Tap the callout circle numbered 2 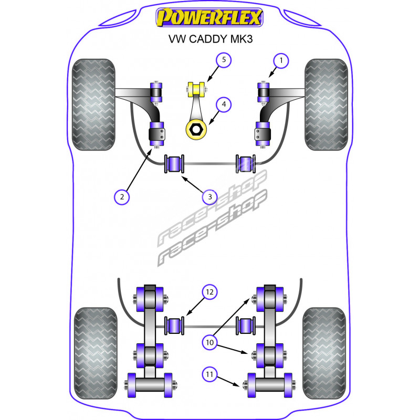click(122, 196)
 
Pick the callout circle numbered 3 click(209, 196)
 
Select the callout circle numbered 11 click(209, 374)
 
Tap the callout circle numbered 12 click(209, 292)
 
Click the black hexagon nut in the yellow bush click(196, 129)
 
